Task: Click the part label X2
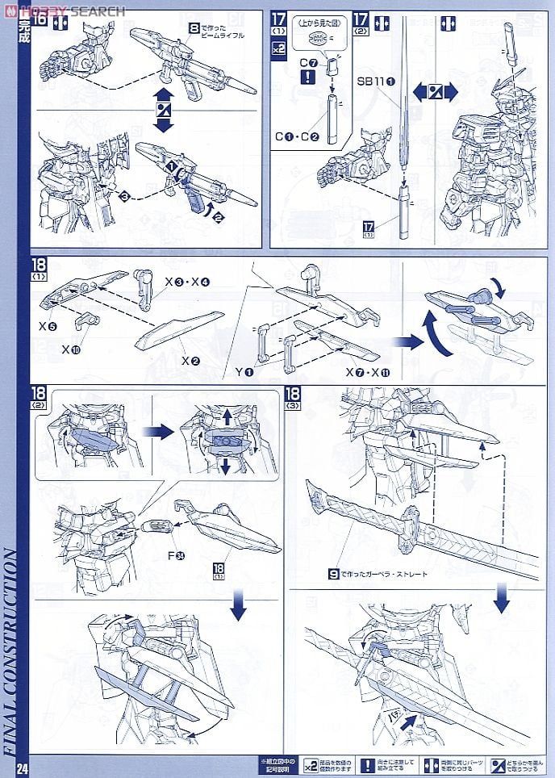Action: coord(190,360)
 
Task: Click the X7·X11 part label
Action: coord(361,373)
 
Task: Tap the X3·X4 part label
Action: coord(187,282)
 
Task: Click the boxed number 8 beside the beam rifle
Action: coord(194,27)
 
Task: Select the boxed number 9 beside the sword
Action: coord(332,574)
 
